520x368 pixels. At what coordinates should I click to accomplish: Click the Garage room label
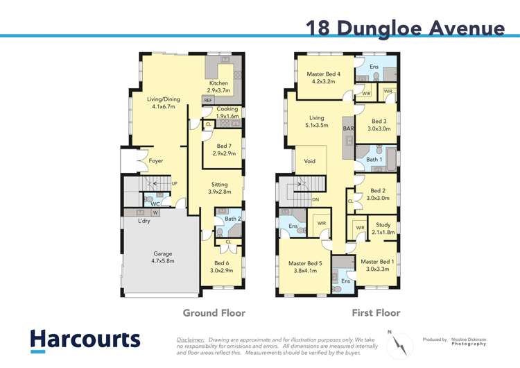click(x=163, y=257)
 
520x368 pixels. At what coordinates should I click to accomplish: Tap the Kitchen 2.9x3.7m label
click(x=218, y=87)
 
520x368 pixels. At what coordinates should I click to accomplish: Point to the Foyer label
click(x=156, y=161)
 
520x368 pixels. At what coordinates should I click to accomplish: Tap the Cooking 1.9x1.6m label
click(x=227, y=112)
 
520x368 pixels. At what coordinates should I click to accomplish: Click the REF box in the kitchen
click(x=208, y=101)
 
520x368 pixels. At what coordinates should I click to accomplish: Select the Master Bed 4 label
click(x=323, y=78)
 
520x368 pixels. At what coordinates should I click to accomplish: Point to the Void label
click(x=310, y=161)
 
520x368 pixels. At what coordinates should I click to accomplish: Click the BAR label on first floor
click(x=348, y=129)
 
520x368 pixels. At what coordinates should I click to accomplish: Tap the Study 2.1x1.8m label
click(x=383, y=228)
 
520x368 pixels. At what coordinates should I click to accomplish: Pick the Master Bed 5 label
click(x=304, y=267)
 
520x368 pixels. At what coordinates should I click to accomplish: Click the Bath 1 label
click(x=374, y=160)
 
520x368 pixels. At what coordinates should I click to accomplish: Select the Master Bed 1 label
click(x=378, y=265)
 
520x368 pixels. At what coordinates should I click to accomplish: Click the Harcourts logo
click(x=85, y=340)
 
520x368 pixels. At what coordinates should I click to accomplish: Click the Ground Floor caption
click(x=214, y=313)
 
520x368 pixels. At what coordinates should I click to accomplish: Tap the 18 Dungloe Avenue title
click(x=405, y=28)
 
